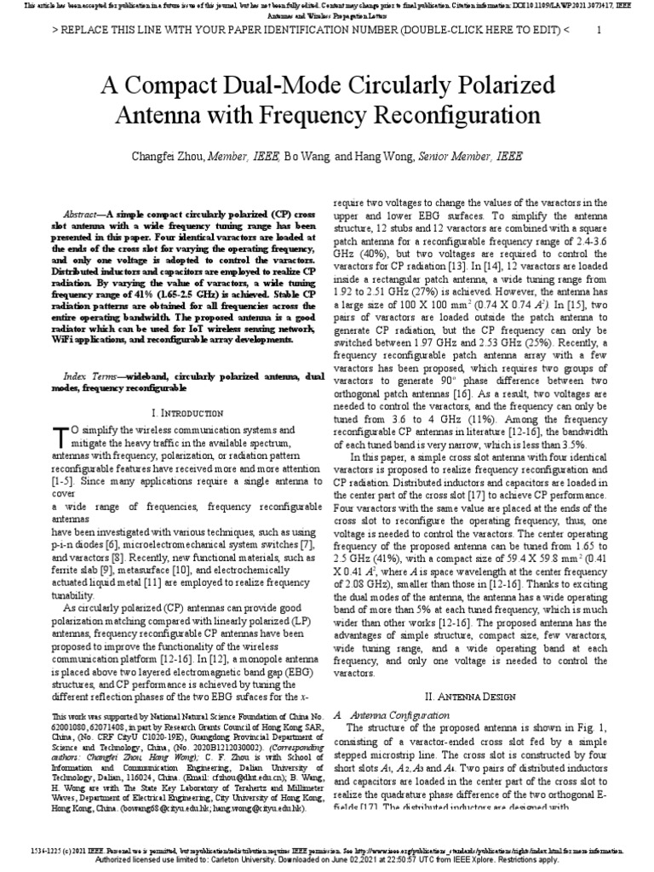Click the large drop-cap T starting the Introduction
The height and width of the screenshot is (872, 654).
(60, 436)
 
